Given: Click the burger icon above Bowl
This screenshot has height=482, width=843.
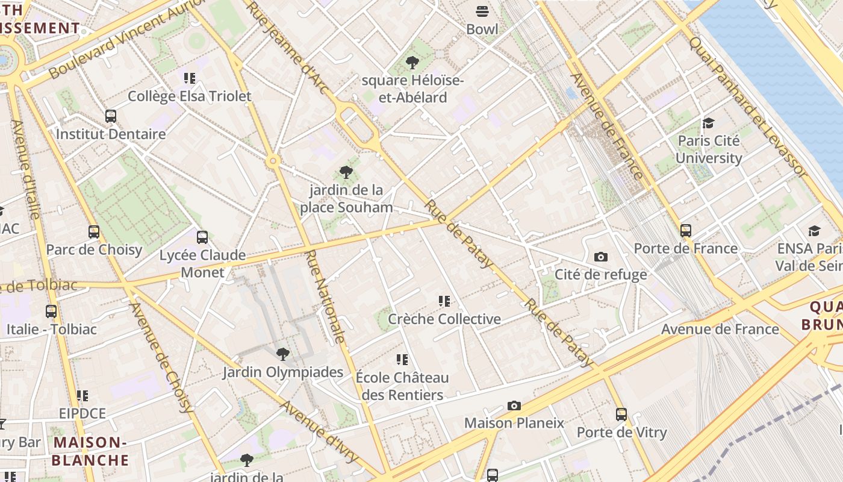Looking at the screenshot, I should (482, 11).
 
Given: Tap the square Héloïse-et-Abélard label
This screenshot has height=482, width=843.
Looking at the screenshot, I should (412, 89).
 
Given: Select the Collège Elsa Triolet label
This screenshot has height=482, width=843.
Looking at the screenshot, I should (190, 96).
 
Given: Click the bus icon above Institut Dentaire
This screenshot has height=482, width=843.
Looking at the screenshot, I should (111, 116).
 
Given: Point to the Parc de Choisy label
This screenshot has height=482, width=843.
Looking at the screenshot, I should (94, 249).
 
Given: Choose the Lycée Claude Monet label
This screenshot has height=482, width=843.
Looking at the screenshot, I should (202, 263).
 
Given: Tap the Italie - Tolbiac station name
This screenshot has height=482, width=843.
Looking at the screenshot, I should (51, 330).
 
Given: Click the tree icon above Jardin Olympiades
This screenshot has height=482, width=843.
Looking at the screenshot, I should (282, 354).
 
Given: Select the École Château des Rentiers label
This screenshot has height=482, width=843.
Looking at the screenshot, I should (402, 386).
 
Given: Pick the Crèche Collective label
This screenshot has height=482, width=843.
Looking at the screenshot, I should (444, 319).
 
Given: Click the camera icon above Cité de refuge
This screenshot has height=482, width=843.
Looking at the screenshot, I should (600, 257).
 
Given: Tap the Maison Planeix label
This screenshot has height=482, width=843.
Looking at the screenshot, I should (514, 423).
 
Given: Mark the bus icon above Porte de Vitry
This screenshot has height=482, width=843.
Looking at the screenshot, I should (621, 415).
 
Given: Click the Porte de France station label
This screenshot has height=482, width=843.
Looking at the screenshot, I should (685, 248).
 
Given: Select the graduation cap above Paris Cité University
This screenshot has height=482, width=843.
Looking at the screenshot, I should (708, 123).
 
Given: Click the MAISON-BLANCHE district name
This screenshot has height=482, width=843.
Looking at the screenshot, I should (90, 451).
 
